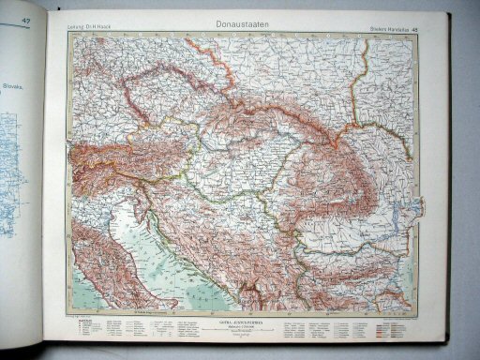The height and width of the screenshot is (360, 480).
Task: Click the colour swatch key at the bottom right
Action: [394, 332]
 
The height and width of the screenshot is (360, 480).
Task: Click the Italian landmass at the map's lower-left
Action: [89, 262]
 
